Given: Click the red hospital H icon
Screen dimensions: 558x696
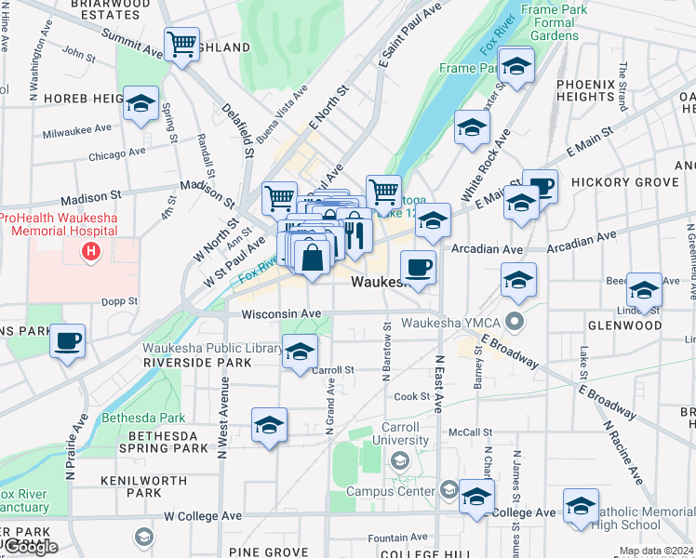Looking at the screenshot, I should point(90,250).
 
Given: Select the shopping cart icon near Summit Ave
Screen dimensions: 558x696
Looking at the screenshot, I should point(181,44).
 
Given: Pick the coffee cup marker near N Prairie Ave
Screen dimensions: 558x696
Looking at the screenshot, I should point(66,341).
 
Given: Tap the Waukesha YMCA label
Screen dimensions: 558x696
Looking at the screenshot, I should point(452,324).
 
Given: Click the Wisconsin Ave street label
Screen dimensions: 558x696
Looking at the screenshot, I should point(281,314).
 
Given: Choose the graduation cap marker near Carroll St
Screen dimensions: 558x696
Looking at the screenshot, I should point(300,352).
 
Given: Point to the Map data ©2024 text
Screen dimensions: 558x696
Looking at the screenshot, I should point(656,551).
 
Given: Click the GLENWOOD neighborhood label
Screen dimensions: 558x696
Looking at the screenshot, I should point(624,325).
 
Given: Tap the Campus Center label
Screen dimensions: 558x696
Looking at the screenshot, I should point(391,491).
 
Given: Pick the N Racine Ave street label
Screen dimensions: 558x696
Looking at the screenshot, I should point(622,452).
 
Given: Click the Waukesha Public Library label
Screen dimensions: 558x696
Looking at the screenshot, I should point(213,349).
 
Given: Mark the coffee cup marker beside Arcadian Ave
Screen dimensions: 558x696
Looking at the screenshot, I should point(418,267).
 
